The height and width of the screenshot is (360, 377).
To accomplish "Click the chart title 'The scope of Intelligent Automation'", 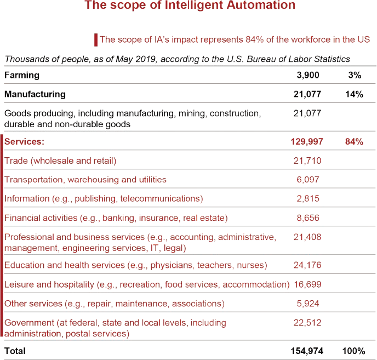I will [190, 6].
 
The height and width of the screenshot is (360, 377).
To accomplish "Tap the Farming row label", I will [22, 75].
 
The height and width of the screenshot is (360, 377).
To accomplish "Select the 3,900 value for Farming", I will [307, 75].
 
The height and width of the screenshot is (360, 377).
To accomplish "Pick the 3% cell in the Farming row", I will [354, 75].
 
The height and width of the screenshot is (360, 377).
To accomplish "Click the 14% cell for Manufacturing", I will [354, 94].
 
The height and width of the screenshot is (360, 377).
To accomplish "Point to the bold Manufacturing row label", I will [35, 94].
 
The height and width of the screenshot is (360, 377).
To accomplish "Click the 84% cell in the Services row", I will [354, 141].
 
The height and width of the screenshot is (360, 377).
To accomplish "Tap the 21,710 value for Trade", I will [307, 161].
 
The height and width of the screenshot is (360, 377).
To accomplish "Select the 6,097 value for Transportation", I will [307, 180].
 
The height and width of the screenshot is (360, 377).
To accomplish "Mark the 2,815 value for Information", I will [307, 198].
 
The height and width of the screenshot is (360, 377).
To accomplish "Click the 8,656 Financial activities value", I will [307, 218].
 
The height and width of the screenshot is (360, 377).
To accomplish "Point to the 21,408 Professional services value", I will [307, 237].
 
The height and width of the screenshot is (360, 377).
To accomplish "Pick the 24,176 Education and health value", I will [307, 265].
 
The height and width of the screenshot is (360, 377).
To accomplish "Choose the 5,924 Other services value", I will [307, 303].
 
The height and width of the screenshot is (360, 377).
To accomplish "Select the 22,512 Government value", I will [307, 323].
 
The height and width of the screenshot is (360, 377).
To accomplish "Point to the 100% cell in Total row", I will [353, 350].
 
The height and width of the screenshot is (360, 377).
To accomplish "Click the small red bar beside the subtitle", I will [96, 40].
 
